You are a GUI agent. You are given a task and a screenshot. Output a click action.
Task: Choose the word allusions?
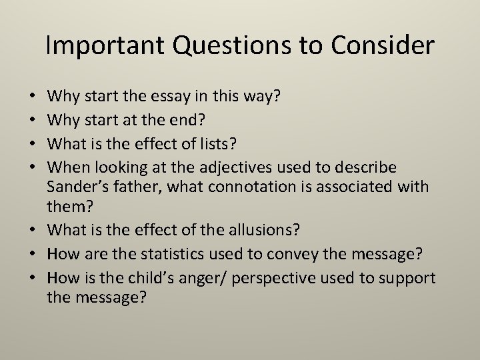[263, 229]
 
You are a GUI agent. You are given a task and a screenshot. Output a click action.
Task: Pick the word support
[408, 277]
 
